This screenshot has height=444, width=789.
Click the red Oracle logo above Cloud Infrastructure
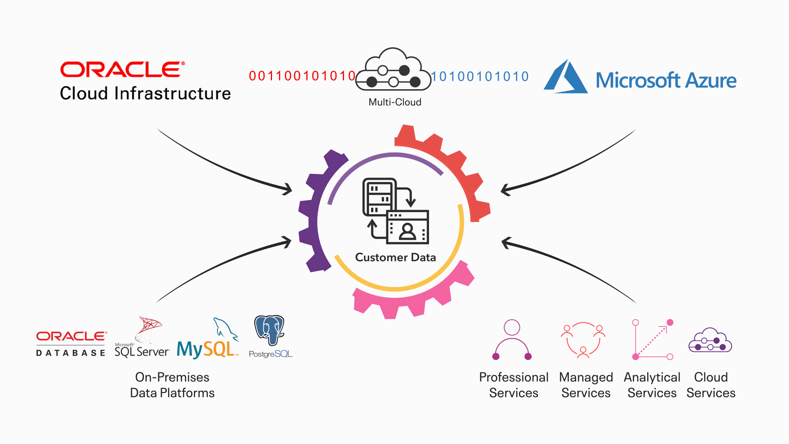point(122,69)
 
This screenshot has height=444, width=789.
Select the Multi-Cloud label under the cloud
point(394,102)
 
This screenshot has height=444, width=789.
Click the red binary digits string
point(302,76)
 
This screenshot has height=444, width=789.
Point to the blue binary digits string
point(480,76)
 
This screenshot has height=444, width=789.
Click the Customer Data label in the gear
point(395,257)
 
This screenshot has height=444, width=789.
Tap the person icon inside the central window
point(407,231)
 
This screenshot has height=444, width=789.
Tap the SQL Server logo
point(142,339)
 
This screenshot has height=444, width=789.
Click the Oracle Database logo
point(72,343)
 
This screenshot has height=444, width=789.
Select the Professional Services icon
point(512,340)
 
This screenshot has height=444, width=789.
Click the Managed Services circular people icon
point(583,340)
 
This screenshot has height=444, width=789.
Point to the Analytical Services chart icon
point(653,340)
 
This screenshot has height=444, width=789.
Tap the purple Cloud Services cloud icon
point(710,340)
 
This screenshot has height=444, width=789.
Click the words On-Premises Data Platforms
point(172,385)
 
